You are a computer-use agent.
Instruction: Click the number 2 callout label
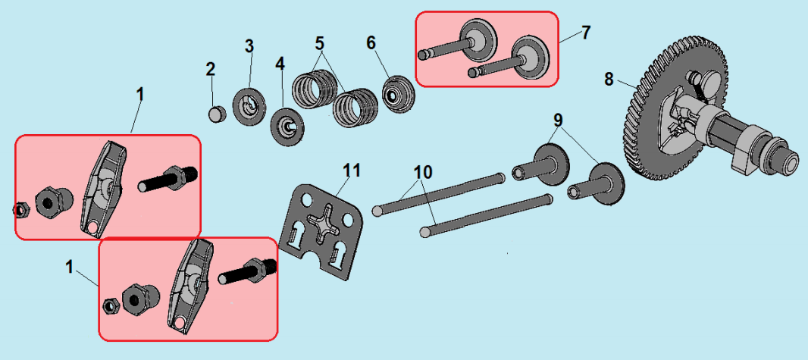pos(210,69)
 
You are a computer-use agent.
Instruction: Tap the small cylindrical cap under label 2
pos(218,114)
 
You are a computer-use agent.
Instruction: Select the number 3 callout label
pos(249,45)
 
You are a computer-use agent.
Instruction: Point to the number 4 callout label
pos(279,64)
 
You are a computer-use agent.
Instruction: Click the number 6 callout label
pos(371,42)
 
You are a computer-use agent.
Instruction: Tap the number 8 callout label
pos(609,80)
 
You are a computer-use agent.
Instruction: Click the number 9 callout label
pos(558,121)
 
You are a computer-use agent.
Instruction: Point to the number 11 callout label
pos(353,170)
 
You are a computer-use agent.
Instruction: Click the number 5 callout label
pos(320,42)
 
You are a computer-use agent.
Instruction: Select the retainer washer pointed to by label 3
pos(249,107)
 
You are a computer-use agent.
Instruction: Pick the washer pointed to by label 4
pos(287,127)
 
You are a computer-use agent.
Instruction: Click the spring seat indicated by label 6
pos(397,94)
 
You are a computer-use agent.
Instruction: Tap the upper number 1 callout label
pos(139,94)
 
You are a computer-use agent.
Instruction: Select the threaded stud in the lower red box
pos(247,271)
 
